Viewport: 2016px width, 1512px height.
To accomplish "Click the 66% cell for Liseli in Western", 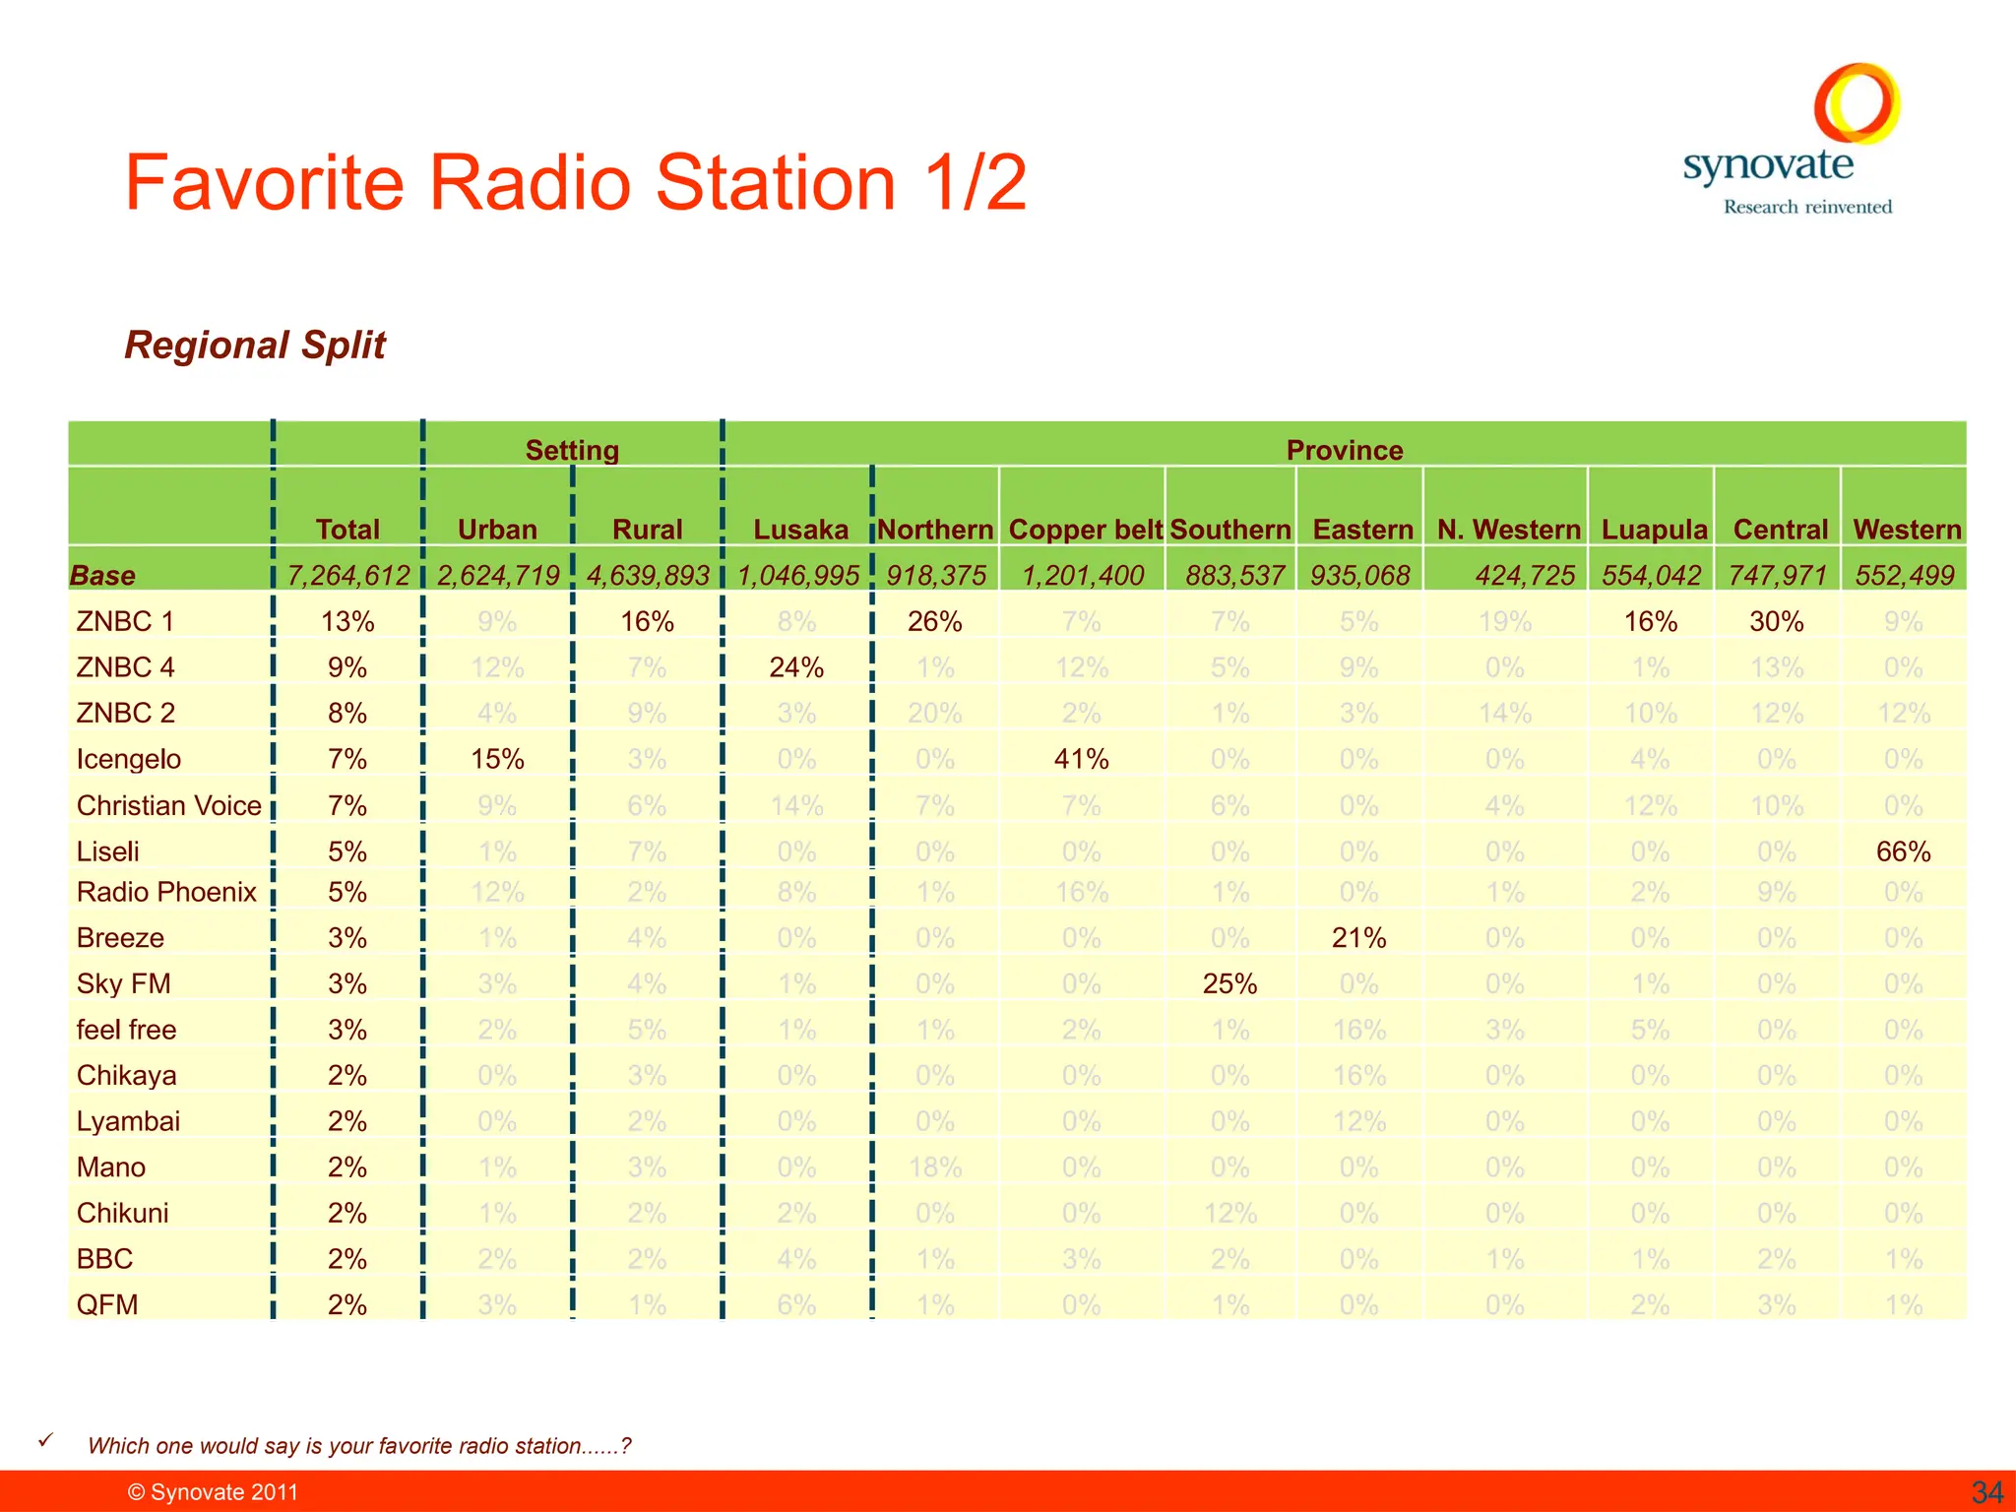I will coord(1903,851).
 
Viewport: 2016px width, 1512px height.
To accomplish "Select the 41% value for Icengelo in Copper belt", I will coord(1081,759).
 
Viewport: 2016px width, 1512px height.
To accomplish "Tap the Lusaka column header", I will coord(800,530).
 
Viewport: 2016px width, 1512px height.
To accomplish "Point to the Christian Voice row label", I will coord(168,805).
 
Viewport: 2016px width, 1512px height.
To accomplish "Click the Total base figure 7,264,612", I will coord(347,575).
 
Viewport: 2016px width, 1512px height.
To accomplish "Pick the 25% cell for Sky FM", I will coord(1229,983).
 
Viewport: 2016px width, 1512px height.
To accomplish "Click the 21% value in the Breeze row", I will coord(1358,938).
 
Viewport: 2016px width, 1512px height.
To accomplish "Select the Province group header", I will coord(1344,450).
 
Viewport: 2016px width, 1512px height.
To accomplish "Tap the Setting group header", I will coord(572,450).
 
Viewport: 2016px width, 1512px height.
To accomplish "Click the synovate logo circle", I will coord(1857,103).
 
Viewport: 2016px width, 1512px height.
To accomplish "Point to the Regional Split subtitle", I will coord(255,345).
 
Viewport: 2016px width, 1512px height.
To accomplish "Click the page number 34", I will coord(1986,1491).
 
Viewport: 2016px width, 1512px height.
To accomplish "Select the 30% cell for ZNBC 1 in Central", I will coord(1776,621).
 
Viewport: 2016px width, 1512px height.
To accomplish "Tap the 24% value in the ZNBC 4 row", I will coord(796,667).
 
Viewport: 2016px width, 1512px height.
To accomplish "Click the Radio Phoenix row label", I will coord(166,892).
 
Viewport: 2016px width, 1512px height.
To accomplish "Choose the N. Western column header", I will coord(1508,530).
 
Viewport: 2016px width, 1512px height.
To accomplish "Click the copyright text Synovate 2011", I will coord(213,1491).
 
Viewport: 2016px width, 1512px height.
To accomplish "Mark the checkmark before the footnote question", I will coord(44,1440).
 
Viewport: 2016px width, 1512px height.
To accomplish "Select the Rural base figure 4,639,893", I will coord(647,575).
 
